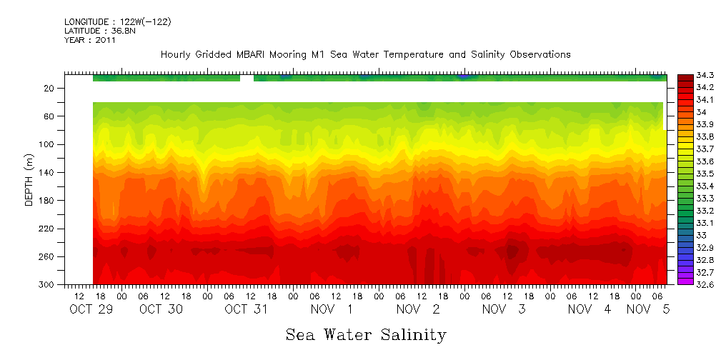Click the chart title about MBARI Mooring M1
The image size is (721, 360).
coord(365,55)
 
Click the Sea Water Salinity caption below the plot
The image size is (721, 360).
coord(366,335)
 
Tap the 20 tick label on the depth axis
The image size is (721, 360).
coord(50,88)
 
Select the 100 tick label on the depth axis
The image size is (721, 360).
coord(48,144)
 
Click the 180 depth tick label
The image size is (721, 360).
coord(48,201)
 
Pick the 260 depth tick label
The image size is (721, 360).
coord(48,257)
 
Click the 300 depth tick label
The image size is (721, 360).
coord(48,285)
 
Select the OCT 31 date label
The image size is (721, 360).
coord(246,309)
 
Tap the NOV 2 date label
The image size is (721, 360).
coord(418,309)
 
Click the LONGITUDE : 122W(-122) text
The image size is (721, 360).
coord(117,22)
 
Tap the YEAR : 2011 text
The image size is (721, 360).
coord(90,41)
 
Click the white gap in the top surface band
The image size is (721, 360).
coord(247,78)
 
